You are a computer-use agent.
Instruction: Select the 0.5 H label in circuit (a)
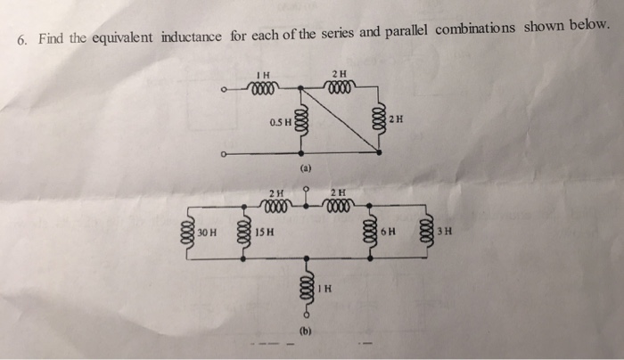pos(279,121)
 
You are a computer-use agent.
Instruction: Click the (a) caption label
pos(306,167)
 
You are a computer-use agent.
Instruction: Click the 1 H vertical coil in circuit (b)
pos(306,286)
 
